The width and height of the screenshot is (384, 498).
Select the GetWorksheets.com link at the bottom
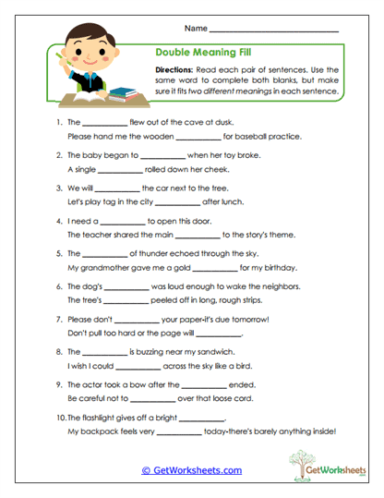coord(192,470)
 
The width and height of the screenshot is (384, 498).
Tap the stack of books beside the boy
coord(122,92)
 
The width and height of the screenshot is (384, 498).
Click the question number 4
coord(59,221)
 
